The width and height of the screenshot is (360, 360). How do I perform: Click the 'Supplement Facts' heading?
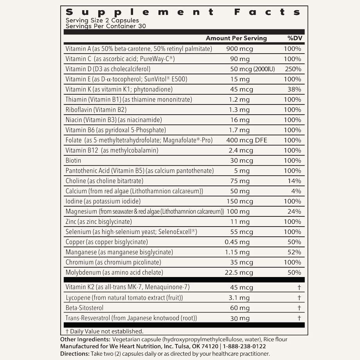(x=183, y=12)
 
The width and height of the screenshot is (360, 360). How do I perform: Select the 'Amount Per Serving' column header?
(x=236, y=38)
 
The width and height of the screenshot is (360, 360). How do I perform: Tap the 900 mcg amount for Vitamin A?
(x=239, y=49)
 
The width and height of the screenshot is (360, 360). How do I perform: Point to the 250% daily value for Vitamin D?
(x=293, y=69)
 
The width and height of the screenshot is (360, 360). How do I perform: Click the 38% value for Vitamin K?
(x=295, y=90)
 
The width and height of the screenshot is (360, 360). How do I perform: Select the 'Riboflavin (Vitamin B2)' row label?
(x=96, y=110)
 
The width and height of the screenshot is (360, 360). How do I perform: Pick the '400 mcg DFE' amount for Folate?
(x=247, y=140)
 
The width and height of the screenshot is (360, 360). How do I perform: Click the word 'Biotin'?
(x=74, y=160)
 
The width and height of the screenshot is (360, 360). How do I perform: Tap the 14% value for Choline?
(x=295, y=181)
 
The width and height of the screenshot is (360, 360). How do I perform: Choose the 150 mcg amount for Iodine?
(x=239, y=201)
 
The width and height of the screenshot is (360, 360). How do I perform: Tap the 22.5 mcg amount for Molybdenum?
(x=239, y=272)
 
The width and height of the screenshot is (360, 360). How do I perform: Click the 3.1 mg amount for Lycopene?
(x=239, y=298)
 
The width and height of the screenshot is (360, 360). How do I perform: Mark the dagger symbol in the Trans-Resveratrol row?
(x=299, y=318)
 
